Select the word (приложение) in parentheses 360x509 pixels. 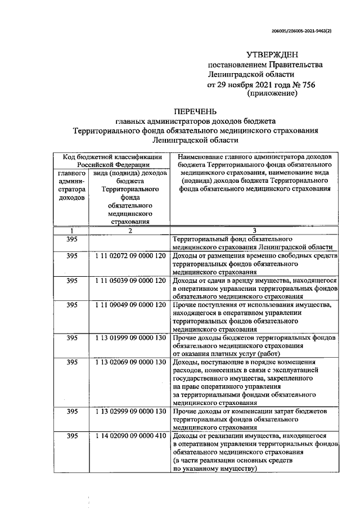[x=272, y=93]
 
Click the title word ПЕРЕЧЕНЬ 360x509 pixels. [x=195, y=111]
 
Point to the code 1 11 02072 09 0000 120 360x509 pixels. [x=130, y=256]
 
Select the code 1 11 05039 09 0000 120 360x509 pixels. [x=130, y=280]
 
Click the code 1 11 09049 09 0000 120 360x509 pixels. [x=130, y=305]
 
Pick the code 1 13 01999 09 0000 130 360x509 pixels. [x=130, y=337]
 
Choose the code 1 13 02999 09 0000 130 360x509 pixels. [x=130, y=412]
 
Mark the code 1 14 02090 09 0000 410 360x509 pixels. [x=130, y=436]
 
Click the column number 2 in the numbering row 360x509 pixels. [x=130, y=231]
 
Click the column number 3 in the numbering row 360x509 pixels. [x=254, y=231]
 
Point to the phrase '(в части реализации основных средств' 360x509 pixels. [x=234, y=460]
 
